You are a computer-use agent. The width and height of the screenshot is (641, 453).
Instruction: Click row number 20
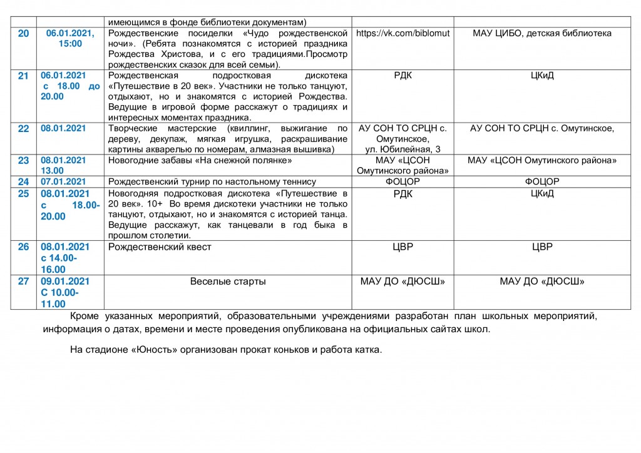(23, 33)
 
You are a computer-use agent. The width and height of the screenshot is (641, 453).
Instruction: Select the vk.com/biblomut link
(403, 33)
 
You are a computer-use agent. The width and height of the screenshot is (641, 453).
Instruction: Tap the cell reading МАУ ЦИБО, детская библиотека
(542, 33)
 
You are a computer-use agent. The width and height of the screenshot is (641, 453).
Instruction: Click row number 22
(23, 128)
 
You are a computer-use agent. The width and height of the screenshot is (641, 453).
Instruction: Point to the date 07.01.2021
(63, 181)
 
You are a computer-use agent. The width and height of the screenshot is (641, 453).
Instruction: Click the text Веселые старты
(228, 282)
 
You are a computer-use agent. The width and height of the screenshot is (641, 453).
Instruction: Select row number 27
(23, 282)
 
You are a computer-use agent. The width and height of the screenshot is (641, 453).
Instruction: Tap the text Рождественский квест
(160, 247)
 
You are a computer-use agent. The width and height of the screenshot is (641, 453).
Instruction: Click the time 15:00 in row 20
(70, 44)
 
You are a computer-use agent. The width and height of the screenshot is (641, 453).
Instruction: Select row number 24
(23, 181)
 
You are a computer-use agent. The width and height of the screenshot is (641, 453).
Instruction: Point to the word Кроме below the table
(85, 316)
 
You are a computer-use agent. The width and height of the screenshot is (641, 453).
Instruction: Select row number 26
(23, 247)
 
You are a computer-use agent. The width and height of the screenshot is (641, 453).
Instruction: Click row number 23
(23, 160)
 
